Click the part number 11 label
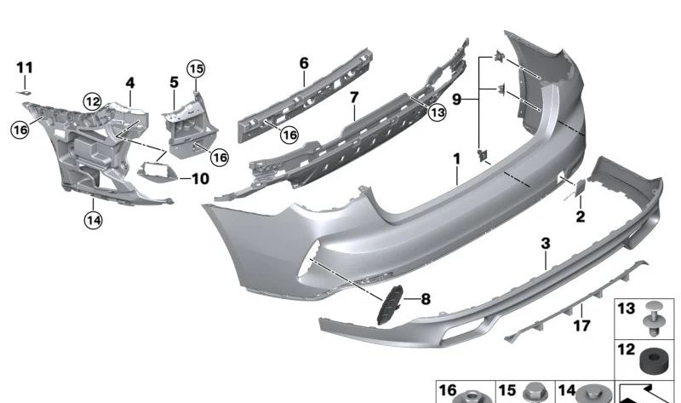[25, 66]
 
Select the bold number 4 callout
[130, 83]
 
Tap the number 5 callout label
[174, 83]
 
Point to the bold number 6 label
[304, 62]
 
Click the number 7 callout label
[353, 97]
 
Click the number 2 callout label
[580, 217]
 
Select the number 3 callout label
[546, 244]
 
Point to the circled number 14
[92, 220]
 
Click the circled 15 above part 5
[197, 68]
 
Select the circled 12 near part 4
[92, 101]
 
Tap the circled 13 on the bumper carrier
[437, 111]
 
